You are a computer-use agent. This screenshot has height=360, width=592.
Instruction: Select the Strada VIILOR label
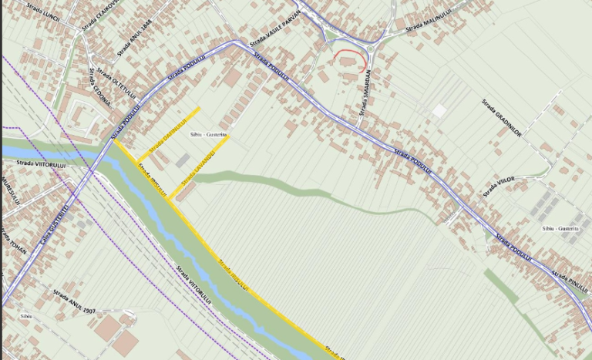click(499, 186)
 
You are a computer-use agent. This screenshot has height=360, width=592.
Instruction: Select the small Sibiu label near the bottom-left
click(26, 316)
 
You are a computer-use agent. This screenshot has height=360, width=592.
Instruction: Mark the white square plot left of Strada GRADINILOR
click(438, 111)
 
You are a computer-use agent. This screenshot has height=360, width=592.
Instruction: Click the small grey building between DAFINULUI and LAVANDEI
click(183, 160)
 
